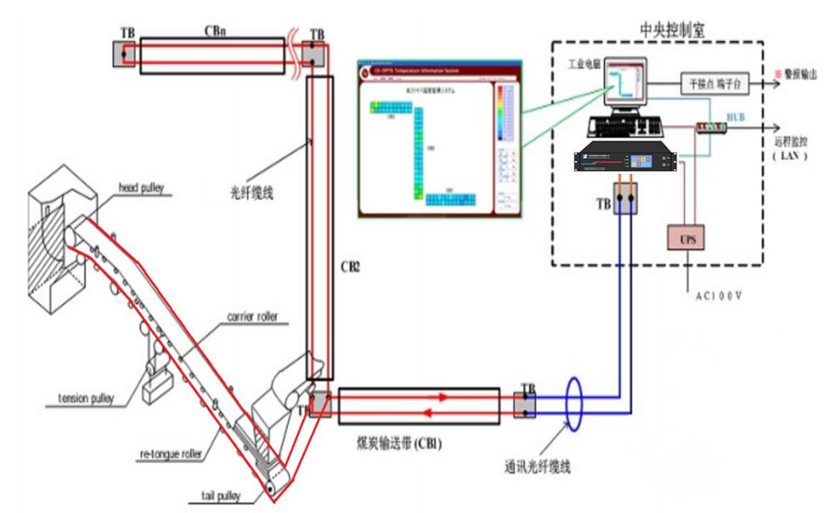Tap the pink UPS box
(x=687, y=239)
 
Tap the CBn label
(x=216, y=30)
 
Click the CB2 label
(x=349, y=267)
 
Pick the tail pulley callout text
(x=215, y=495)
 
